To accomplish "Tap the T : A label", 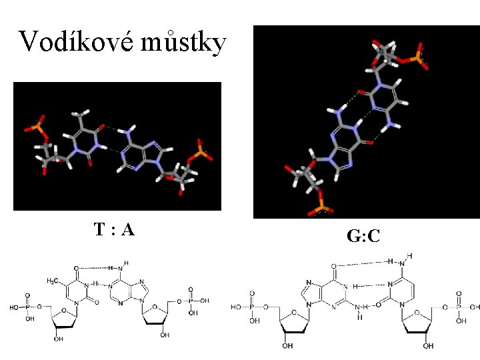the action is [114, 231].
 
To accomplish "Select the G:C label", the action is [363, 235].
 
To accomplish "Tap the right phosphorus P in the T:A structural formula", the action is [190, 301].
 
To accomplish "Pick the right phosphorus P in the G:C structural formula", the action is [458, 307].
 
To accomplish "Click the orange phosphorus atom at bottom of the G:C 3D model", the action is [319, 210].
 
